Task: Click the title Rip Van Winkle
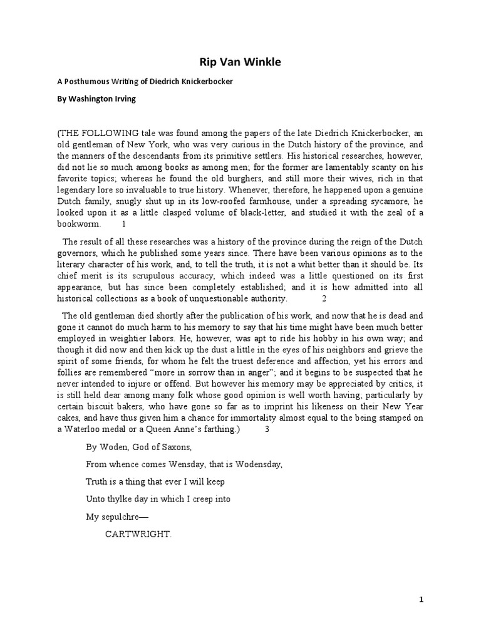[x=240, y=61]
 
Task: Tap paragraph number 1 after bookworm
[x=123, y=224]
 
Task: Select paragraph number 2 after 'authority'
[x=324, y=298]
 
